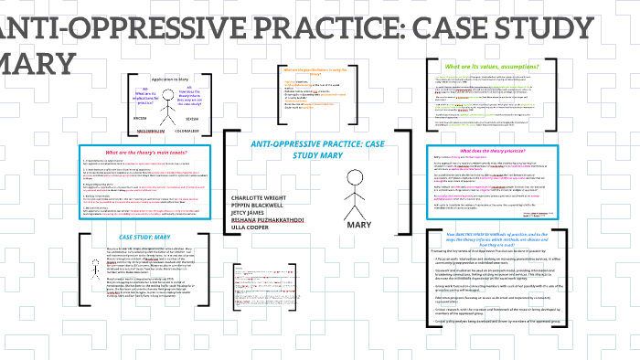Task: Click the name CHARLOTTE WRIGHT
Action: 261,196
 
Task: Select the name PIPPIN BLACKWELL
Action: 260,206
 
